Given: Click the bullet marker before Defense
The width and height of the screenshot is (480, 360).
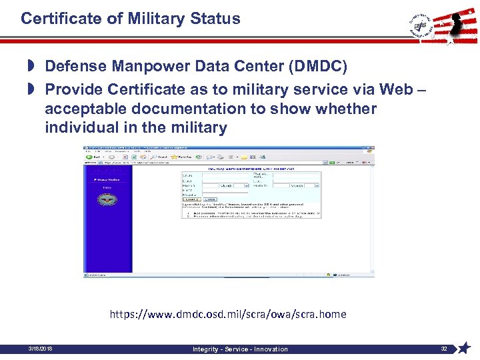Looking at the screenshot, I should point(31,66).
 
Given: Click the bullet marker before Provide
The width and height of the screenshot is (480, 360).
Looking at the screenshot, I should point(31,89).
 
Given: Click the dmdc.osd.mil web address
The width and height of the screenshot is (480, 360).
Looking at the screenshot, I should point(228,314).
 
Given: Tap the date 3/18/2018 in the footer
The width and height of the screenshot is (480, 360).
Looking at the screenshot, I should point(41,349).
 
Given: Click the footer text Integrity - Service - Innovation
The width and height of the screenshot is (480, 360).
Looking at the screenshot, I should point(240,349).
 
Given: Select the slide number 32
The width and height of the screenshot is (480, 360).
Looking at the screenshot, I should point(444,349).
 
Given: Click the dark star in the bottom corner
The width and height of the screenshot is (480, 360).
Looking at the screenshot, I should point(464,347).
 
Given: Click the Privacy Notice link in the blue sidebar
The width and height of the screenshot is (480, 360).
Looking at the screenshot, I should point(106,179).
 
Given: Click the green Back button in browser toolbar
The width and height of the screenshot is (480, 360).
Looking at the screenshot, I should point(91,157).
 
